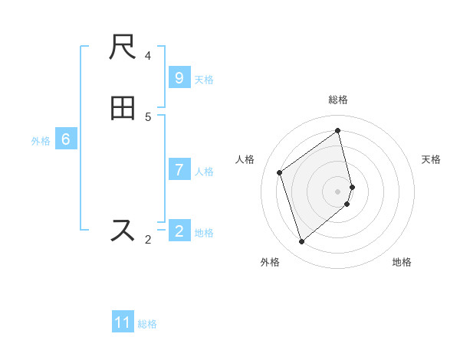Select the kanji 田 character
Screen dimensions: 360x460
click(x=123, y=109)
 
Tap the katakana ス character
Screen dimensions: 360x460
click(x=123, y=231)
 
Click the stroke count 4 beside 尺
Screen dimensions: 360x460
click(x=148, y=55)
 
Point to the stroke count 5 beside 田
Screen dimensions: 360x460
click(x=148, y=116)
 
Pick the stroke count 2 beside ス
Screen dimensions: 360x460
click(x=148, y=240)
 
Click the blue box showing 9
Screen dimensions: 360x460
click(x=179, y=78)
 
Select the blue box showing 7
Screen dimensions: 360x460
click(x=179, y=170)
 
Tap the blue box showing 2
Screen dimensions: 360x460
click(x=179, y=231)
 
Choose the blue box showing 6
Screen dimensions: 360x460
click(x=66, y=139)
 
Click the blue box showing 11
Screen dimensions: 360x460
click(x=123, y=322)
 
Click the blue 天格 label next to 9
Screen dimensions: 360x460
click(x=204, y=80)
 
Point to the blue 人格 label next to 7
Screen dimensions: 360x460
click(x=204, y=172)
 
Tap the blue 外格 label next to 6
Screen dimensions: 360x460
click(x=41, y=141)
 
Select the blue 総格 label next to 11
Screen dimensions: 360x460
click(x=148, y=324)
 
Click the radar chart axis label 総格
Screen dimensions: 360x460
click(x=338, y=100)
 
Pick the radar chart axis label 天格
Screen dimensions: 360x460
click(x=431, y=159)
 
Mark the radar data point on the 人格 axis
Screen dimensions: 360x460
click(x=280, y=172)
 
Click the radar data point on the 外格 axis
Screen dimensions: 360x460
click(x=301, y=242)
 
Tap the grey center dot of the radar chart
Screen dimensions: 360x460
click(x=338, y=191)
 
